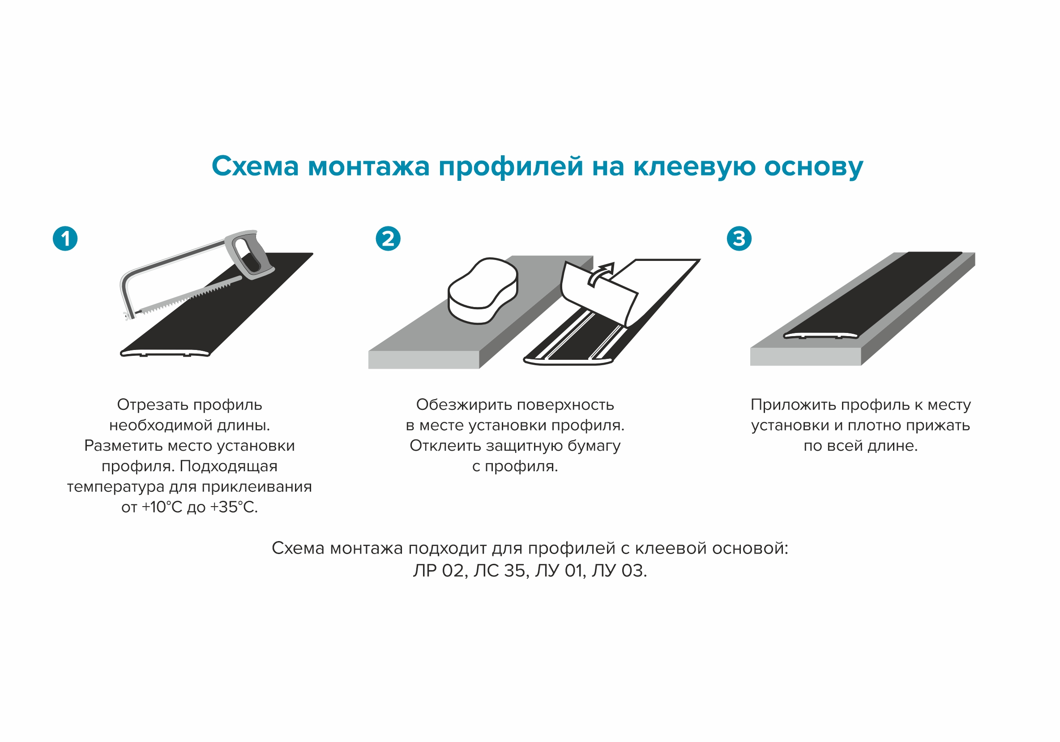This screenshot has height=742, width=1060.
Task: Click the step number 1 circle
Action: [x=65, y=239]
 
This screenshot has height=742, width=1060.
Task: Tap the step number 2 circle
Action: [x=388, y=239]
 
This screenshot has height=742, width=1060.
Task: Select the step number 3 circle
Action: [x=739, y=239]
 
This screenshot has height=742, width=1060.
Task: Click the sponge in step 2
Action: [x=483, y=290]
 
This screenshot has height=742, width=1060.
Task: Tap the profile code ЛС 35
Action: [x=500, y=571]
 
